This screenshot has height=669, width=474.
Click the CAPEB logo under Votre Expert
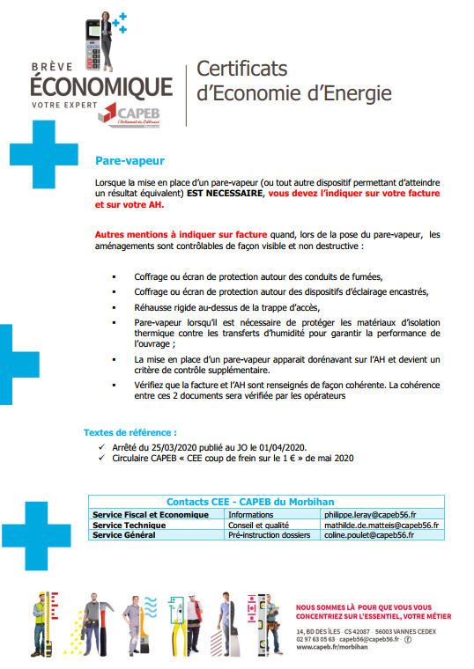coord(134,115)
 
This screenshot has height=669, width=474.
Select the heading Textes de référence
coord(130,433)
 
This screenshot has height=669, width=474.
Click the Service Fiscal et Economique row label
coord(151,514)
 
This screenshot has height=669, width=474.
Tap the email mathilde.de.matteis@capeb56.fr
coord(382,525)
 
